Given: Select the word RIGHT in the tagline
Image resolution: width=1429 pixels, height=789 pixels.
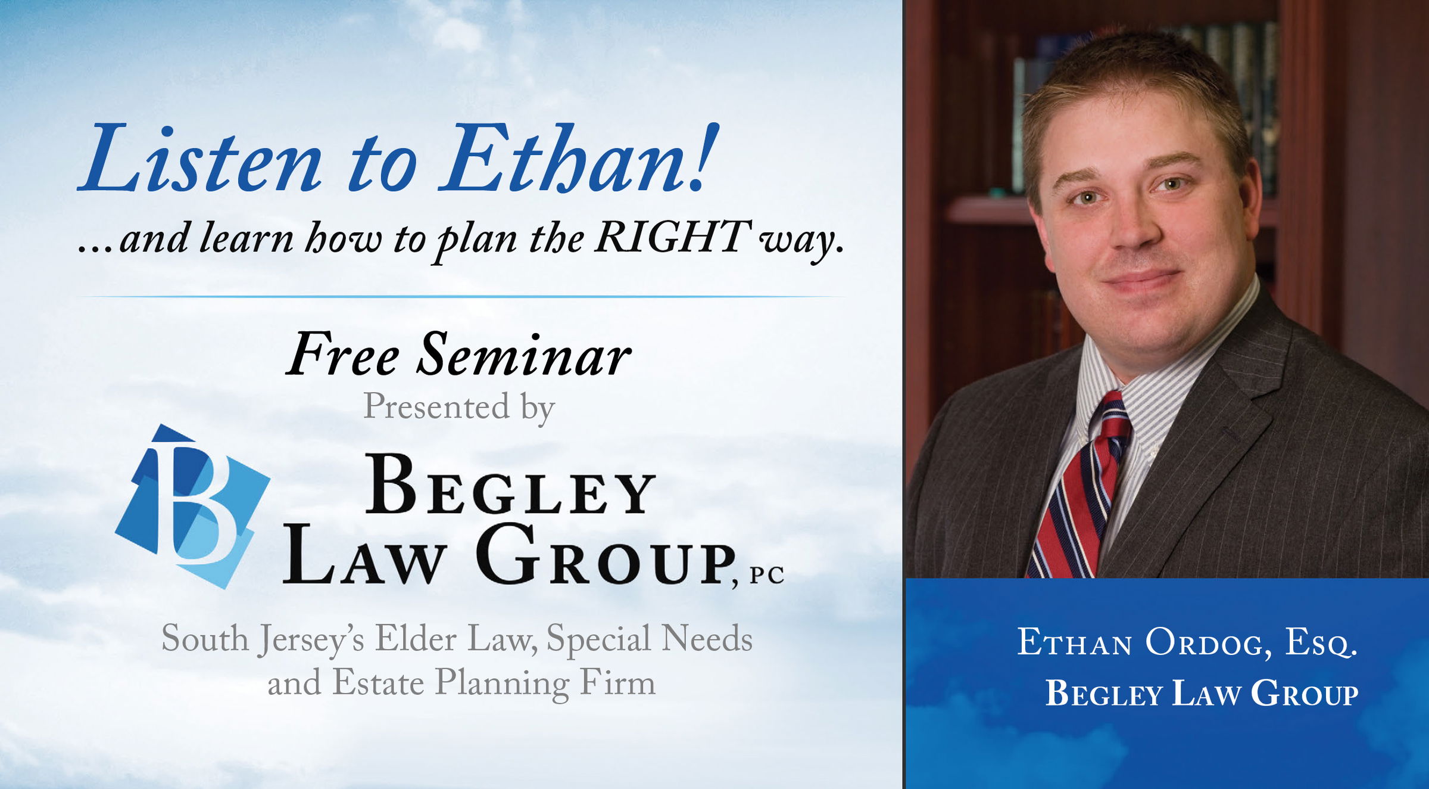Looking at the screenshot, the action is coord(673,237).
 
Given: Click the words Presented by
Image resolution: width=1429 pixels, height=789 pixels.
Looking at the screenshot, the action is coord(459,408).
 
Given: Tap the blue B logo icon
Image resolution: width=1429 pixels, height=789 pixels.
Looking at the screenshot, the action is coord(192,507).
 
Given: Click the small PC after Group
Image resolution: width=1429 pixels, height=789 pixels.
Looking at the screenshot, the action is coord(767,576).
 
